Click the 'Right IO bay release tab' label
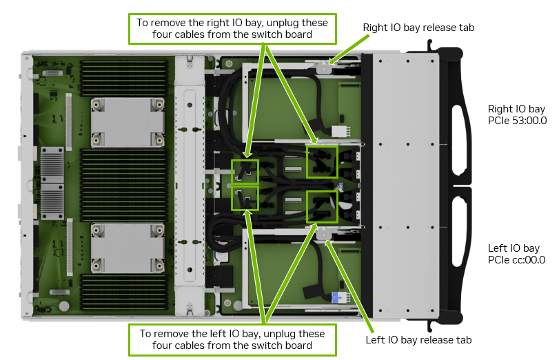tap(419, 28)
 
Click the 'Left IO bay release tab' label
tap(418, 340)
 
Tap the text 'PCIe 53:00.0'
tap(517, 121)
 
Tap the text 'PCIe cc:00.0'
tap(516, 260)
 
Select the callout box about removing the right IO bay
tap(233, 28)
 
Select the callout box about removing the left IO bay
tap(233, 339)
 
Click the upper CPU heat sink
tap(128, 121)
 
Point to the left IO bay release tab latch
tap(324, 235)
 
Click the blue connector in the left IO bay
tap(338, 297)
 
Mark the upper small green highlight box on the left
tap(245, 171)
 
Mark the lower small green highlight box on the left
tap(245, 198)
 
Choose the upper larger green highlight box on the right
tap(322, 162)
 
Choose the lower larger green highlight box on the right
tap(322, 206)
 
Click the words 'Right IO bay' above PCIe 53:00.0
tap(516, 109)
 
